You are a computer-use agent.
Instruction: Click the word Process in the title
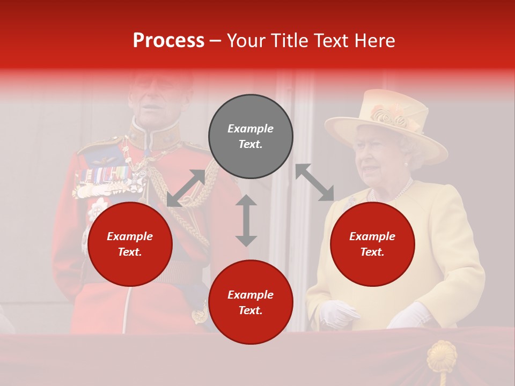(168, 41)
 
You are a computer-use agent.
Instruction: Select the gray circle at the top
(251, 136)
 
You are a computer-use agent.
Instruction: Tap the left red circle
(130, 244)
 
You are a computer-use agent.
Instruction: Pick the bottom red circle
(251, 302)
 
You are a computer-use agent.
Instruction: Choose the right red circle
(372, 244)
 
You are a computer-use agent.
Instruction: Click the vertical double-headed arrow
(246, 220)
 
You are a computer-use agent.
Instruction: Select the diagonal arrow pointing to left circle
(186, 188)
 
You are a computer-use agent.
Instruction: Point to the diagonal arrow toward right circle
(314, 183)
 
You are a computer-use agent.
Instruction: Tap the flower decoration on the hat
(391, 115)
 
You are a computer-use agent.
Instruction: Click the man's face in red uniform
(156, 102)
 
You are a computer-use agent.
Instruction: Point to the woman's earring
(406, 164)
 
